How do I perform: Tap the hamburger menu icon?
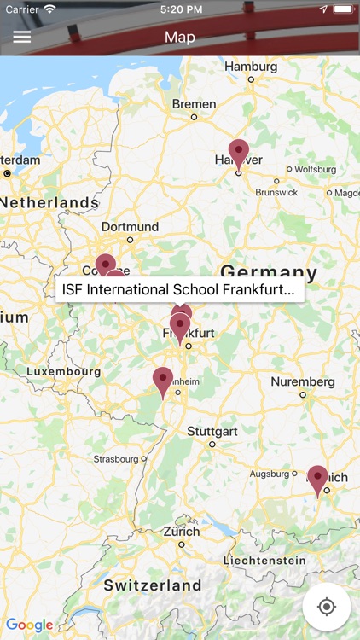pos(22,37)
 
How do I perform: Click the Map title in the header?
pos(180,37)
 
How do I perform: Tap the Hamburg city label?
pos(251,66)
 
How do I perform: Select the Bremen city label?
pos(194,104)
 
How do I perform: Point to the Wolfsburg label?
pos(316,169)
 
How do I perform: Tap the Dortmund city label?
pos(130,227)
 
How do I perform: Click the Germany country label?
pos(269,273)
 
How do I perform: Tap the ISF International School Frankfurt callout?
pos(179,289)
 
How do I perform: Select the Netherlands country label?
pos(49,202)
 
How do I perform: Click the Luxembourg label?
pos(63,372)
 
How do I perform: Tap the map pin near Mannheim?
pos(163,381)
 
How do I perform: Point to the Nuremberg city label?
pos(303,381)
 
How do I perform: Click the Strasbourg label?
pos(115,458)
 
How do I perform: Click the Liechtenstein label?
pos(264,561)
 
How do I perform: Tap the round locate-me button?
pos(326,607)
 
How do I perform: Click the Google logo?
pos(29,625)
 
